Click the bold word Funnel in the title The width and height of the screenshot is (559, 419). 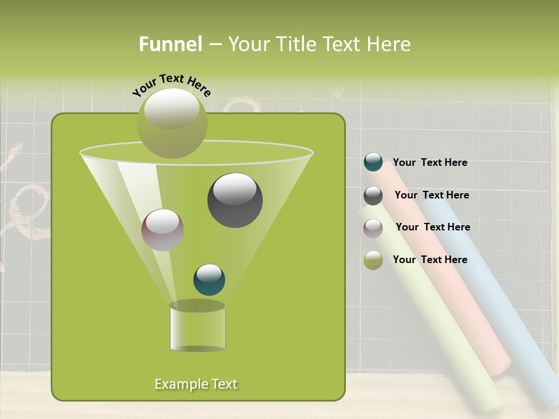(x=170, y=44)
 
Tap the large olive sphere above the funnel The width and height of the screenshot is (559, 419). (x=172, y=123)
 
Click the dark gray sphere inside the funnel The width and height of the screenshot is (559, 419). (x=235, y=200)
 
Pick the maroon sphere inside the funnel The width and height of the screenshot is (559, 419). (x=162, y=230)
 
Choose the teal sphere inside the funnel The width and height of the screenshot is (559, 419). (x=209, y=280)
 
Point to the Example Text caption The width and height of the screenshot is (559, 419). (x=196, y=384)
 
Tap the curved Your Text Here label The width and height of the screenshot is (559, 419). (x=171, y=85)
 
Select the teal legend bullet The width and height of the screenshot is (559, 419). (x=373, y=162)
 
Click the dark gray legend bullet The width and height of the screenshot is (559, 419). (x=373, y=196)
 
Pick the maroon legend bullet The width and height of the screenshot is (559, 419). (x=373, y=228)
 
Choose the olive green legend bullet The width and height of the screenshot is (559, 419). (x=373, y=260)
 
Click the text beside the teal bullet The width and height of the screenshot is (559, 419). (x=430, y=162)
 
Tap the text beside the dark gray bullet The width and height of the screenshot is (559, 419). (x=431, y=195)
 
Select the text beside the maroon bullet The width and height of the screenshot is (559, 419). (x=433, y=227)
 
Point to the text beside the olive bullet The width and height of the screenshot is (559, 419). (x=430, y=260)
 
